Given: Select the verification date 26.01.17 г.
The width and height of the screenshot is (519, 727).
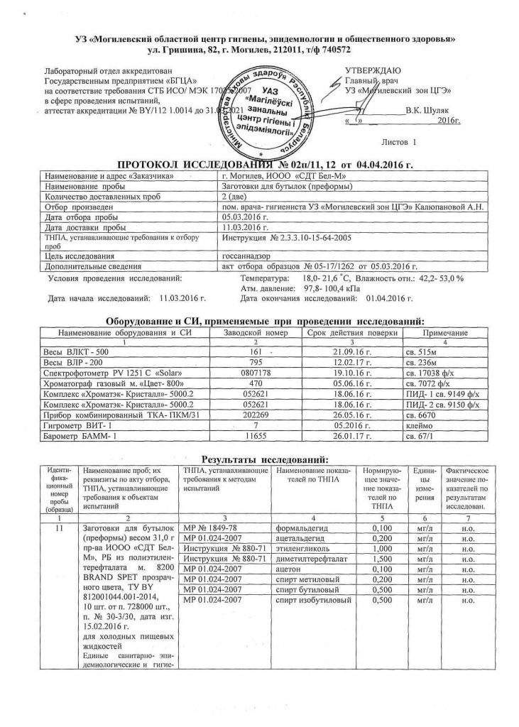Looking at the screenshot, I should pos(351,434).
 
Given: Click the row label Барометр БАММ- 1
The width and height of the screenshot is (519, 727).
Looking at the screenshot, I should pos(80,434).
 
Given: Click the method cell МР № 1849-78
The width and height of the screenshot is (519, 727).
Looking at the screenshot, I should pos(213,528).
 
